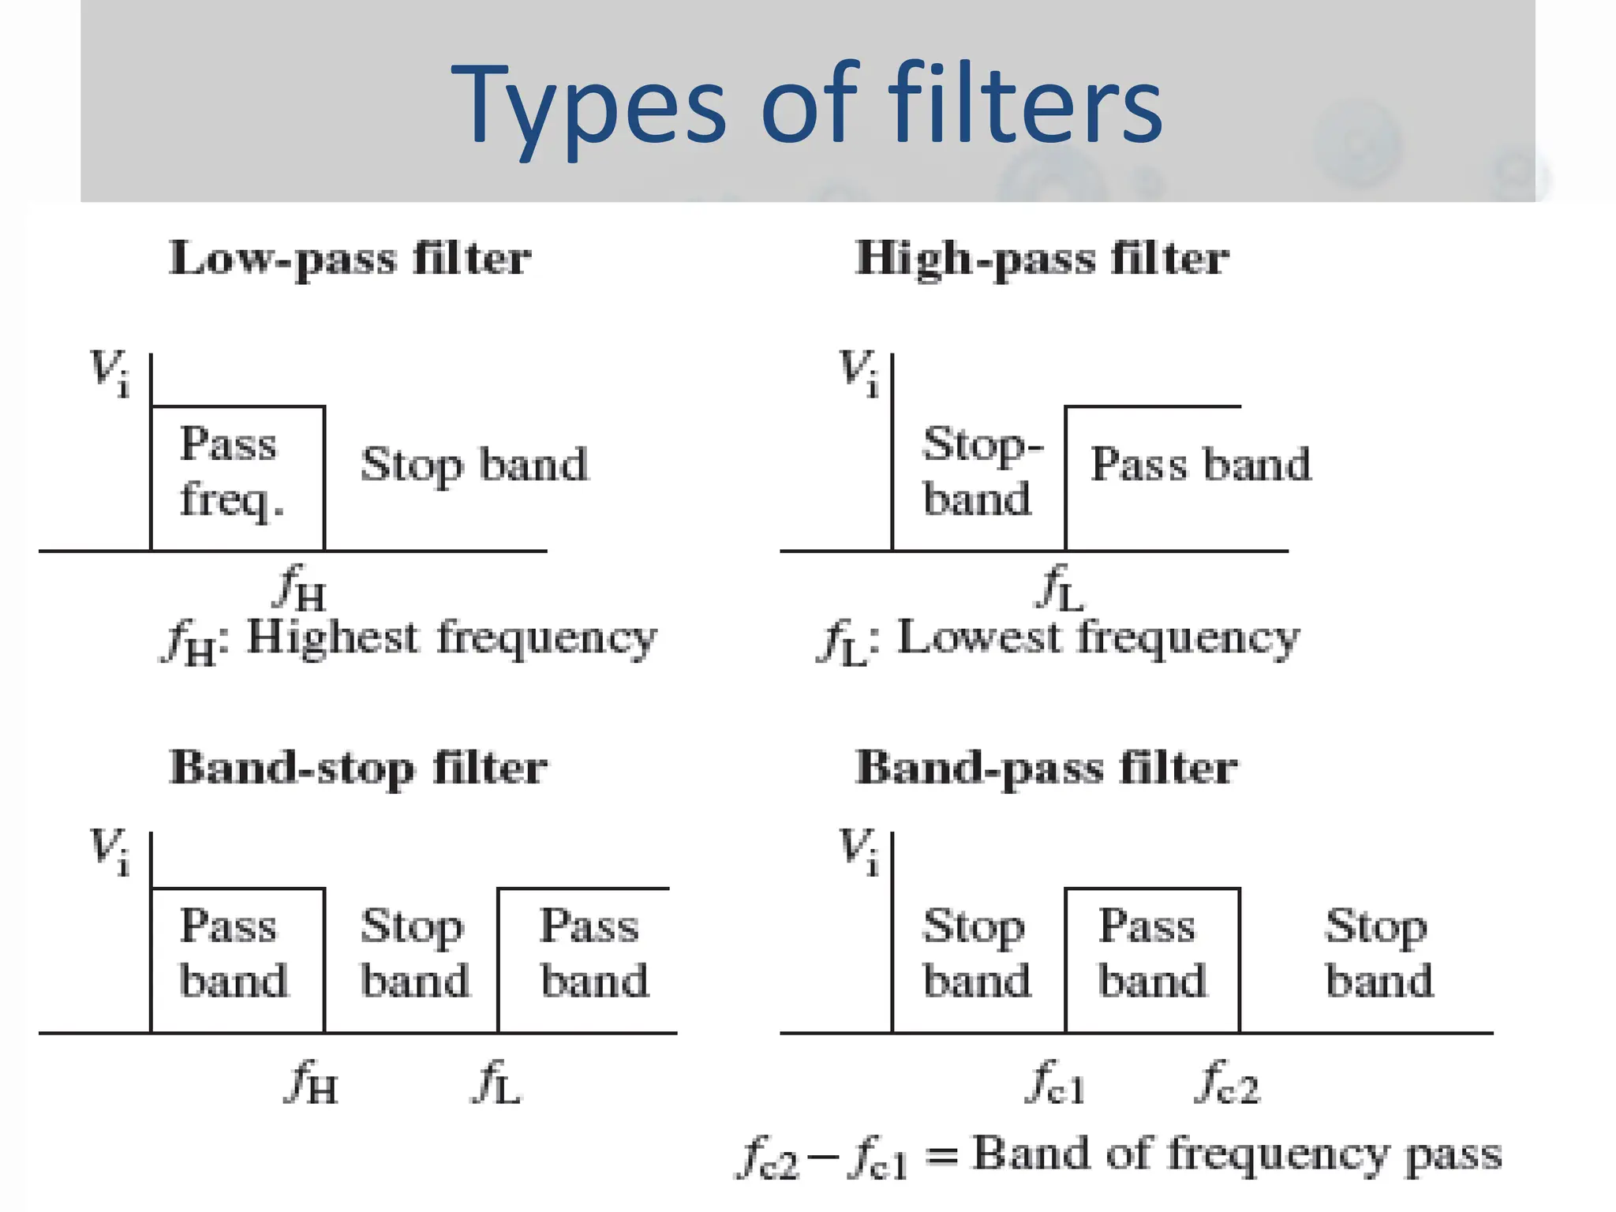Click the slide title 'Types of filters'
[806, 104]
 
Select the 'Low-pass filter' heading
[350, 259]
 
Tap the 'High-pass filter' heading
[1042, 259]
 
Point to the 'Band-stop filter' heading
[358, 768]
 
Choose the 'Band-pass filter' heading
[1046, 768]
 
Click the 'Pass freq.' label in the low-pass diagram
[230, 471]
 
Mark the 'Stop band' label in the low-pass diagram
[474, 464]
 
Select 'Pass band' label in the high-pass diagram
[1200, 464]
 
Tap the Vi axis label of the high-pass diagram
[858, 372]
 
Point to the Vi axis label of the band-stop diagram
[109, 851]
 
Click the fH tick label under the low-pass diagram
[300, 588]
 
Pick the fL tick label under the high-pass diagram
[1060, 588]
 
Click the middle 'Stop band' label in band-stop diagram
[414, 953]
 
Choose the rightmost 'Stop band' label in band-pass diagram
[1378, 953]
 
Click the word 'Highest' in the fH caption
[332, 637]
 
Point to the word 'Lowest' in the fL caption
[979, 637]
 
